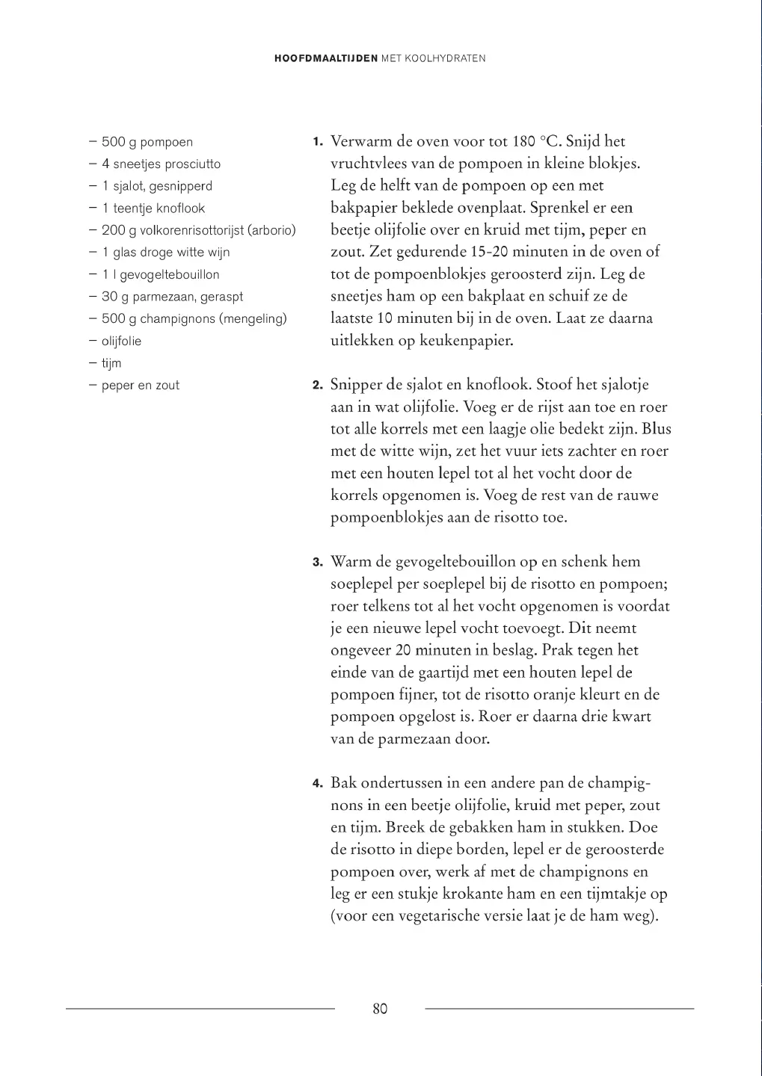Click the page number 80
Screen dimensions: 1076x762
point(380,1009)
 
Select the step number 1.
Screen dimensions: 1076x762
point(318,142)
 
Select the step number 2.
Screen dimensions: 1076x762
point(318,386)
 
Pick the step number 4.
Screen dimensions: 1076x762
point(318,784)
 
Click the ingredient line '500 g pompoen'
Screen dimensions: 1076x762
point(147,142)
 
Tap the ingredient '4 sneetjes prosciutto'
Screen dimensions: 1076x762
point(161,164)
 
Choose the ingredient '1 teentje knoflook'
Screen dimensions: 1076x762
point(153,208)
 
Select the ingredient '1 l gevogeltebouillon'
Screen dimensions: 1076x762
point(161,275)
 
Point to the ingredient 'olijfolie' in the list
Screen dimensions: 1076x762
point(121,341)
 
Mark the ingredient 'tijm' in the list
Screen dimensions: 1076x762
point(111,363)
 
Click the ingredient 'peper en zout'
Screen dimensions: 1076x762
point(141,386)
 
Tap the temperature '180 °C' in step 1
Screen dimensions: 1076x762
point(535,141)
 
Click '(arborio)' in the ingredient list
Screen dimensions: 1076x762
point(271,230)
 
